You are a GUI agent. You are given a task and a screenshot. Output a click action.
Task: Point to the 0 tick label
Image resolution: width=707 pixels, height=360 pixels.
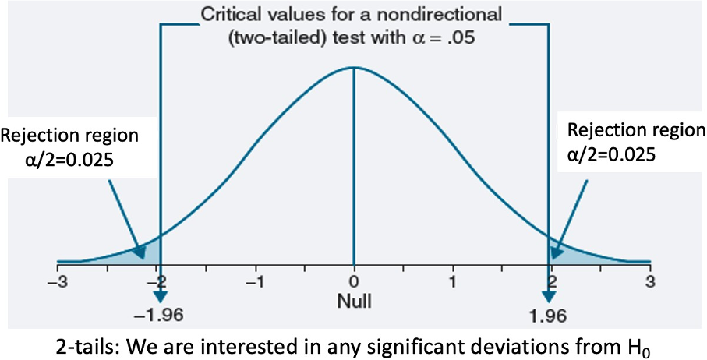(x=354, y=281)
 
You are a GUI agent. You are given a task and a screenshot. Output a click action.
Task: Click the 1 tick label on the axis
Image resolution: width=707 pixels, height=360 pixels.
(x=453, y=281)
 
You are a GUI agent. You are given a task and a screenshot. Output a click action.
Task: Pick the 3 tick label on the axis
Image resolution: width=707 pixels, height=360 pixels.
(x=650, y=281)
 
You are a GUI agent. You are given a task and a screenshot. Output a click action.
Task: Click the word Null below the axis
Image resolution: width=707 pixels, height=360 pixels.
(x=353, y=299)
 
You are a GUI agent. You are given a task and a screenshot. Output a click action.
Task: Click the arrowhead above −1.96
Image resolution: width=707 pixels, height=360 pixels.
(x=161, y=295)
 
